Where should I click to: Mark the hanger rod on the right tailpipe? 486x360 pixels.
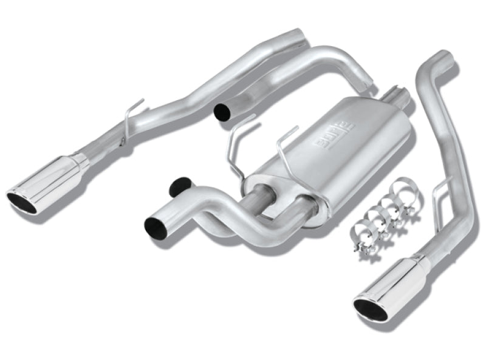pos(440,191)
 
